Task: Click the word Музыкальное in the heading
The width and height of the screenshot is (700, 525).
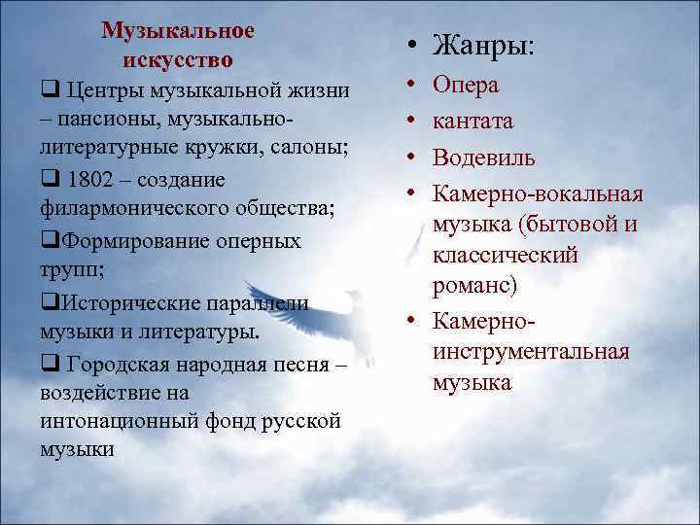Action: (x=178, y=31)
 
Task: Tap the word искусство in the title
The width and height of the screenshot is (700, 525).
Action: (x=178, y=59)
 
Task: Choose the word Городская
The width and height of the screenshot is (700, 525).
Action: (x=123, y=363)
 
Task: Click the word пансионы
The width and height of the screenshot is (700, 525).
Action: (x=112, y=120)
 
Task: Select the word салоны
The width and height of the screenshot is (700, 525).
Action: (x=308, y=150)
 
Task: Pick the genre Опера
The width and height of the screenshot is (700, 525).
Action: (x=466, y=86)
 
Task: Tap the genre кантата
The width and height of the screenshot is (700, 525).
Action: (x=473, y=122)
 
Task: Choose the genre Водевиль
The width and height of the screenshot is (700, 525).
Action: (x=484, y=157)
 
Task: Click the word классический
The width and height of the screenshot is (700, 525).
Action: (x=506, y=255)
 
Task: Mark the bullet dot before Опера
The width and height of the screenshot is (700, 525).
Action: (x=412, y=87)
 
